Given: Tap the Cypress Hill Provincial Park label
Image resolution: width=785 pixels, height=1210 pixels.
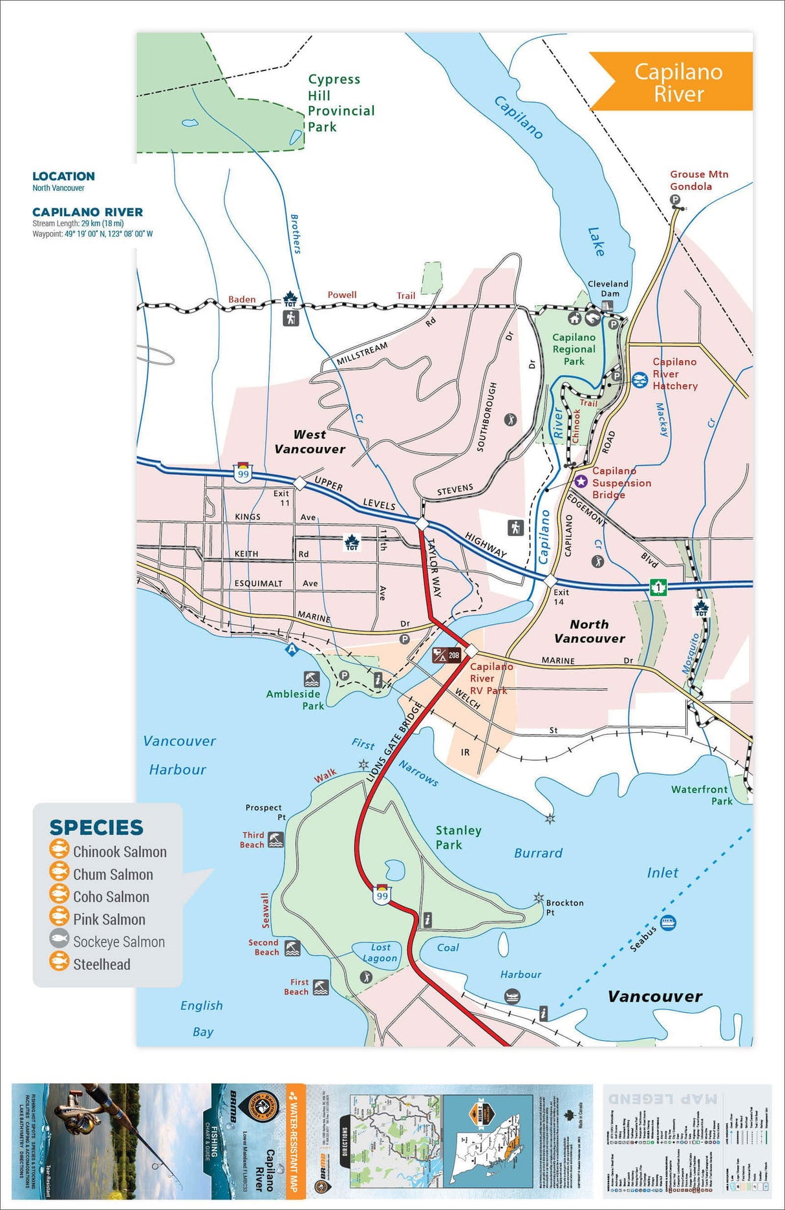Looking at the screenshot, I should (340, 103).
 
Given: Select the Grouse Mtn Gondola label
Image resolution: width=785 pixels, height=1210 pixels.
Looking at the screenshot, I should (698, 180).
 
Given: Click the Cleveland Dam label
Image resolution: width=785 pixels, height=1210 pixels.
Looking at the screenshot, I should (608, 288).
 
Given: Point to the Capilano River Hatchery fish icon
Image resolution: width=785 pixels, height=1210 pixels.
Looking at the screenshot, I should (640, 380).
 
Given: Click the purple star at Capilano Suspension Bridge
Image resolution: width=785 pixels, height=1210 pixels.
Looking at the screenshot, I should (581, 481).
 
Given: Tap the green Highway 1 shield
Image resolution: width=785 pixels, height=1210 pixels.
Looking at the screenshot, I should (658, 587).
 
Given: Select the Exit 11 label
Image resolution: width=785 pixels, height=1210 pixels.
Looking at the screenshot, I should (281, 498).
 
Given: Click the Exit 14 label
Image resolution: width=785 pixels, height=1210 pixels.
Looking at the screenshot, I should (560, 596).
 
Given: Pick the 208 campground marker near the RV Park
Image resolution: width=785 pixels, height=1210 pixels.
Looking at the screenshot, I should (447, 655).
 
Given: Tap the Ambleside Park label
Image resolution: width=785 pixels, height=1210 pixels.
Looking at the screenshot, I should (295, 700).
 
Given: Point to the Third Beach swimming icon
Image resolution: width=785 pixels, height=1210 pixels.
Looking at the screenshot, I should (276, 839).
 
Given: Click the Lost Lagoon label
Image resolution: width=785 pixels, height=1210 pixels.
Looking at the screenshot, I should (380, 953).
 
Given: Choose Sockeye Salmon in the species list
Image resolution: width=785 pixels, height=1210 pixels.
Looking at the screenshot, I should (118, 942).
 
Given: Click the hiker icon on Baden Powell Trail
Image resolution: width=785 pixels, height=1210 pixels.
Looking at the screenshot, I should (291, 318).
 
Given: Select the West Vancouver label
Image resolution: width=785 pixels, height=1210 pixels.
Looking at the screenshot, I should (310, 442).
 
